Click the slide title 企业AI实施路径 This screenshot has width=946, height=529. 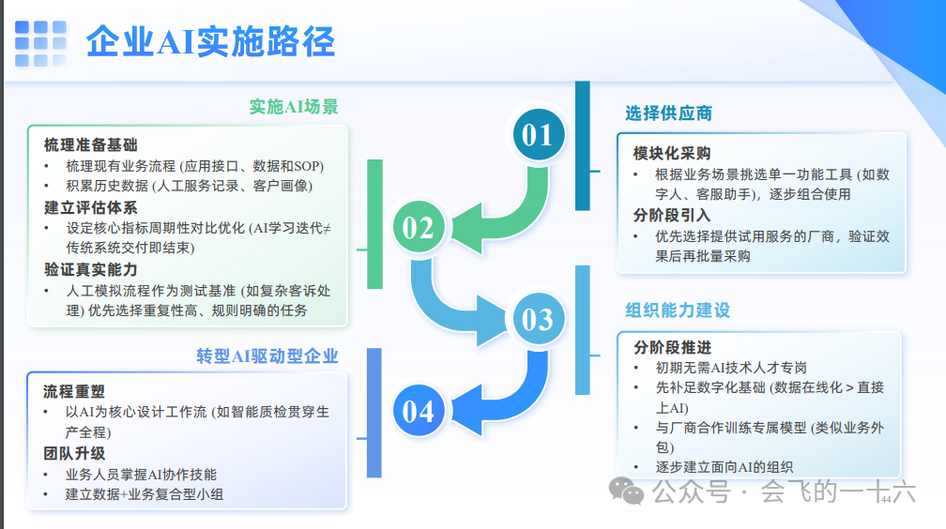click(210, 41)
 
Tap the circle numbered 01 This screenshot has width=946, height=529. click(538, 135)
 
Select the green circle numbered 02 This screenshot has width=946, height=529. click(419, 227)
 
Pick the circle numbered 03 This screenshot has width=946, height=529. click(538, 320)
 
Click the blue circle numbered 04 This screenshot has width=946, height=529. click(419, 411)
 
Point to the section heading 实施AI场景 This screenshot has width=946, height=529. click(294, 106)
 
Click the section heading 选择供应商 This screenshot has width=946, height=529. click(669, 113)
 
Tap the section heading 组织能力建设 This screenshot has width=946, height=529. click(678, 310)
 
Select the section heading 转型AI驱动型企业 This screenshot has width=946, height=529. click(267, 356)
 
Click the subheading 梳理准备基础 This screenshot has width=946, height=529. click(90, 145)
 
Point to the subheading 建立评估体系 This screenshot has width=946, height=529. click(90, 207)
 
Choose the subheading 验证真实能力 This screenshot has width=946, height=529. click(90, 269)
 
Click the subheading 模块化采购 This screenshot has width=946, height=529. click(672, 153)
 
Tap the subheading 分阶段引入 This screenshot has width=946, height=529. click(672, 215)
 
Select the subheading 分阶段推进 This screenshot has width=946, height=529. click(672, 347)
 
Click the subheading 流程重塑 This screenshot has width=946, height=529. click(75, 391)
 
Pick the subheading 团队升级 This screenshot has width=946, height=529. click(75, 453)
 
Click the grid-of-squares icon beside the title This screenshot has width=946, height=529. click(41, 41)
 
